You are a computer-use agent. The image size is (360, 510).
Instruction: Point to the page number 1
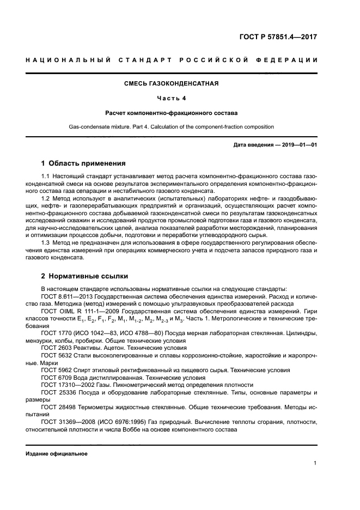pos(315,463)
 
